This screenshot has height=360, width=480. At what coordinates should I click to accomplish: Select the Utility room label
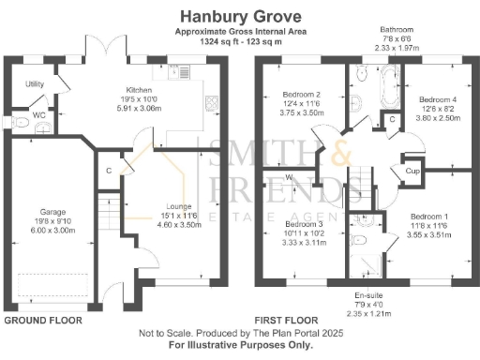pyautogui.click(x=36, y=84)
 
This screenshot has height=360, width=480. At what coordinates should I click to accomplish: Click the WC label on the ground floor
pyautogui.click(x=39, y=116)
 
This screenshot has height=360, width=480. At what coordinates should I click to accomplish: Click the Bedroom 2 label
pyautogui.click(x=301, y=95)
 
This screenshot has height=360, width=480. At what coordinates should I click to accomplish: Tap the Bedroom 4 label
pyautogui.click(x=438, y=99)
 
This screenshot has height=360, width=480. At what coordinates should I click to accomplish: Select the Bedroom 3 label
pyautogui.click(x=302, y=225)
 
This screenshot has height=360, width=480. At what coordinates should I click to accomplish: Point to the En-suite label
pyautogui.click(x=367, y=295)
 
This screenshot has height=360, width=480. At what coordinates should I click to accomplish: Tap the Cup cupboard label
pyautogui.click(x=412, y=171)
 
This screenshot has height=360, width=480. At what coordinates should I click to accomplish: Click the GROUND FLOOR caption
pyautogui.click(x=43, y=320)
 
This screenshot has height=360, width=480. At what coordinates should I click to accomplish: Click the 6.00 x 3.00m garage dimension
pyautogui.click(x=52, y=230)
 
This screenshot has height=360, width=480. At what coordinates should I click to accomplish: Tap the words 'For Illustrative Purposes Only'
pyautogui.click(x=240, y=344)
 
